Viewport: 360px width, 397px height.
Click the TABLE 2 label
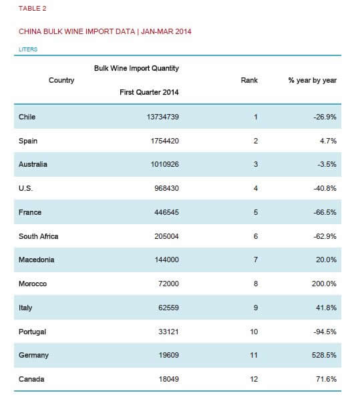[x=33, y=9]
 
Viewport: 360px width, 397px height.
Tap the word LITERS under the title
[x=28, y=49]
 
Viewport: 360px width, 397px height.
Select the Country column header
[x=61, y=80]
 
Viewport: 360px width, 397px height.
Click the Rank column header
[x=249, y=80]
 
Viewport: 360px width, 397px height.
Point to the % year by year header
[x=313, y=80]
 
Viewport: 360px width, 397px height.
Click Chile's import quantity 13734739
[x=163, y=117]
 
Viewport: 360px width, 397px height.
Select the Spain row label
[x=28, y=141]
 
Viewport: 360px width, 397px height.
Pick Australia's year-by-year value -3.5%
[x=327, y=164]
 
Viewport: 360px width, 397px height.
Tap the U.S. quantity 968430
[x=166, y=188]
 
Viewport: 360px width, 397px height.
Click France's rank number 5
[x=256, y=212]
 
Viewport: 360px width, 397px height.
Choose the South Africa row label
[x=38, y=236]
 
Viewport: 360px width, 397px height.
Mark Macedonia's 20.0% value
[x=327, y=260]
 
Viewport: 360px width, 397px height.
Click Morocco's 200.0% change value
[x=324, y=284]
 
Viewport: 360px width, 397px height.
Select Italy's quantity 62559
[x=168, y=308]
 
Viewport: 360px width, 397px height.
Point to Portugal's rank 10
[x=254, y=332]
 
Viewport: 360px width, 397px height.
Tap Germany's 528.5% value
[x=324, y=355]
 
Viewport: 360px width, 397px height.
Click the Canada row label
[x=31, y=379]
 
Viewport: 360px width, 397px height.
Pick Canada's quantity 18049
[x=168, y=379]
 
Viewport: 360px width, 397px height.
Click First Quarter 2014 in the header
[x=149, y=92]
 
